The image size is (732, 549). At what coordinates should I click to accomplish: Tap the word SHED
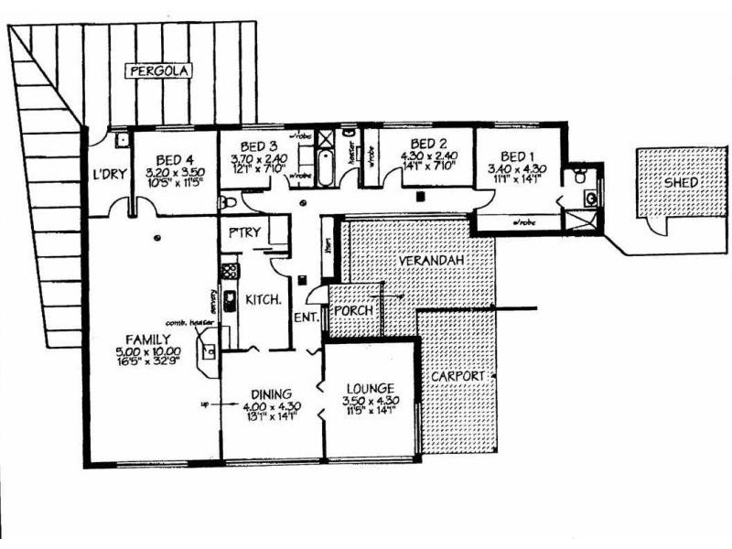pos(682,182)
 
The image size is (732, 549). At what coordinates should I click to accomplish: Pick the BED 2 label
pos(427,143)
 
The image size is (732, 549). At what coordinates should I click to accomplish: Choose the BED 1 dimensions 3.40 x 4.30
pos(516,169)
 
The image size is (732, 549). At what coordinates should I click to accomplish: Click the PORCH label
pos(353,310)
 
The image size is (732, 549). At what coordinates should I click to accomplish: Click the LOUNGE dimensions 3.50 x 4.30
pos(371,401)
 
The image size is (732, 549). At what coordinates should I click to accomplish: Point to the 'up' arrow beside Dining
pos(207,404)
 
